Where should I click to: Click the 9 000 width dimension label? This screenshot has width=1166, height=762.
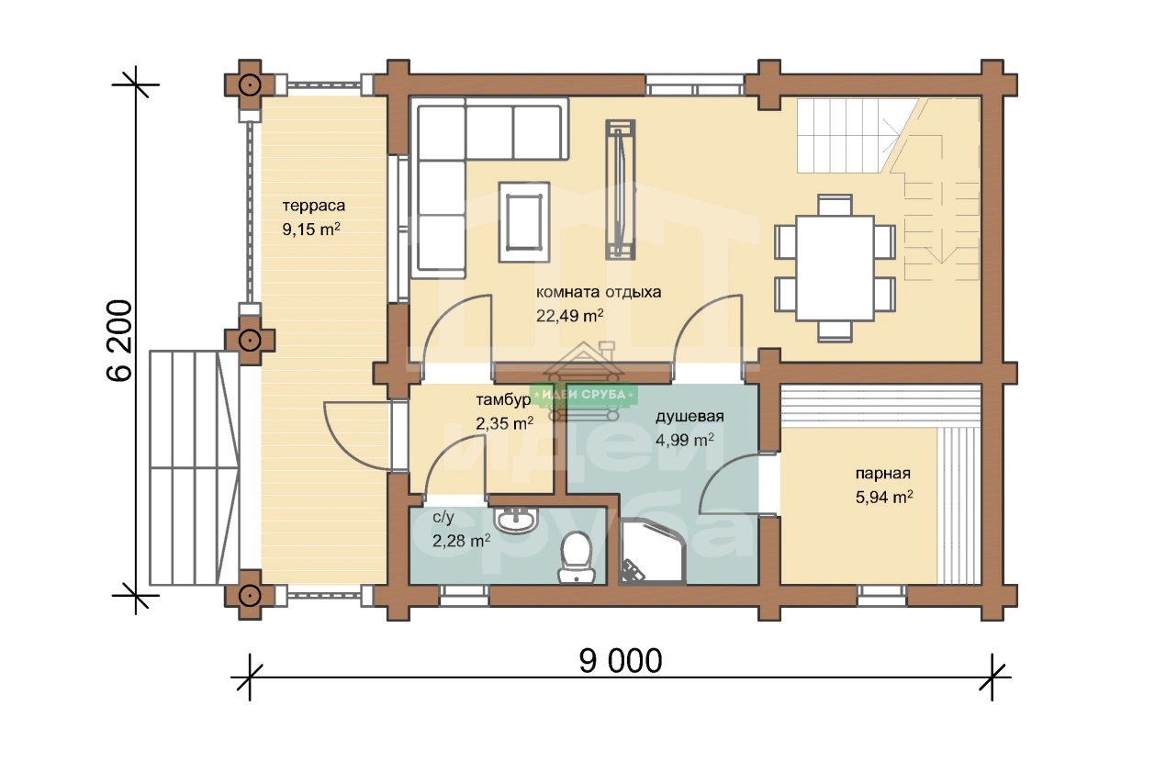click(x=621, y=661)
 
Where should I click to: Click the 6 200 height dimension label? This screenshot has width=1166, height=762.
click(x=119, y=341)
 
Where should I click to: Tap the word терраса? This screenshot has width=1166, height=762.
click(x=313, y=206)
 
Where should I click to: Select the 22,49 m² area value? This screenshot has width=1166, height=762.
click(x=569, y=316)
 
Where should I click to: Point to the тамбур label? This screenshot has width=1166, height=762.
click(x=503, y=399)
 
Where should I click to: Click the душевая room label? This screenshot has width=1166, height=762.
click(x=690, y=417)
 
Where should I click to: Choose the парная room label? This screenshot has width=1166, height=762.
click(x=883, y=474)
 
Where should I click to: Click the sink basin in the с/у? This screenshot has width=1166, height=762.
click(x=515, y=520)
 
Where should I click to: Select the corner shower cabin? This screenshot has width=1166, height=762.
click(x=652, y=552)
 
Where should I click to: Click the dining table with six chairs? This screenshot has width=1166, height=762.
click(x=835, y=268)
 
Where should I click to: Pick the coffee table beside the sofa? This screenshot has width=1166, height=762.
click(x=523, y=222)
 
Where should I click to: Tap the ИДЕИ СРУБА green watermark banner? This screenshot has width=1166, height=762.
click(x=584, y=395)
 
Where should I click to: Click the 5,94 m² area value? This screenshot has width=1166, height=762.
click(x=884, y=497)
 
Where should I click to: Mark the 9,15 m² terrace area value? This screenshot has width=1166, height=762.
click(x=311, y=229)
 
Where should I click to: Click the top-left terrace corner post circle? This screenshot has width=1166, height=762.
click(x=250, y=84)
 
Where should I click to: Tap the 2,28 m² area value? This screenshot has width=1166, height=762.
click(x=461, y=541)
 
